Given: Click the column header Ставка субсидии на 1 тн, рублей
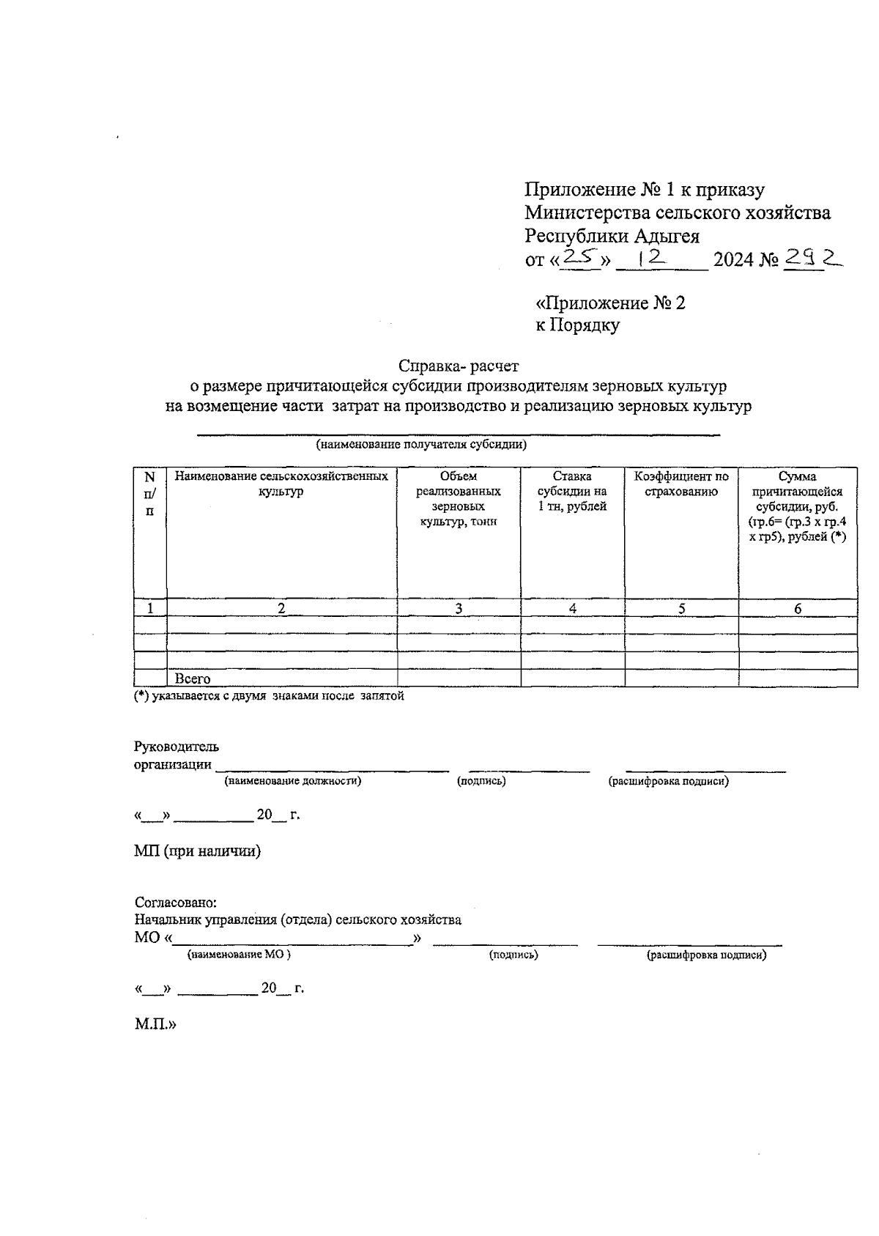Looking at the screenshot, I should tap(572, 491).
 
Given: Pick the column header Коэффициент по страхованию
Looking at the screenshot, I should tap(681, 484).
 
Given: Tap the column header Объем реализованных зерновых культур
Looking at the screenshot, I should tap(459, 498).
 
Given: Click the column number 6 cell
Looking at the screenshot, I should tap(798, 608).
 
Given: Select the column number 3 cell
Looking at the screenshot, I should tap(459, 608).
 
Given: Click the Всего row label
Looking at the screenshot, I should tap(193, 679).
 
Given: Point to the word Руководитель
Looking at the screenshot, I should tap(177, 747).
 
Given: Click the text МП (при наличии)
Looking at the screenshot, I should tap(198, 851).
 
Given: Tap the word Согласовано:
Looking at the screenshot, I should tap(176, 903).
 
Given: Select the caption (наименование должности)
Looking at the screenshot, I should tap(293, 781).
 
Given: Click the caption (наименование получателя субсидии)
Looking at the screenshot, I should tap(421, 444).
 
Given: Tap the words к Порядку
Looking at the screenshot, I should tap(578, 325).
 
